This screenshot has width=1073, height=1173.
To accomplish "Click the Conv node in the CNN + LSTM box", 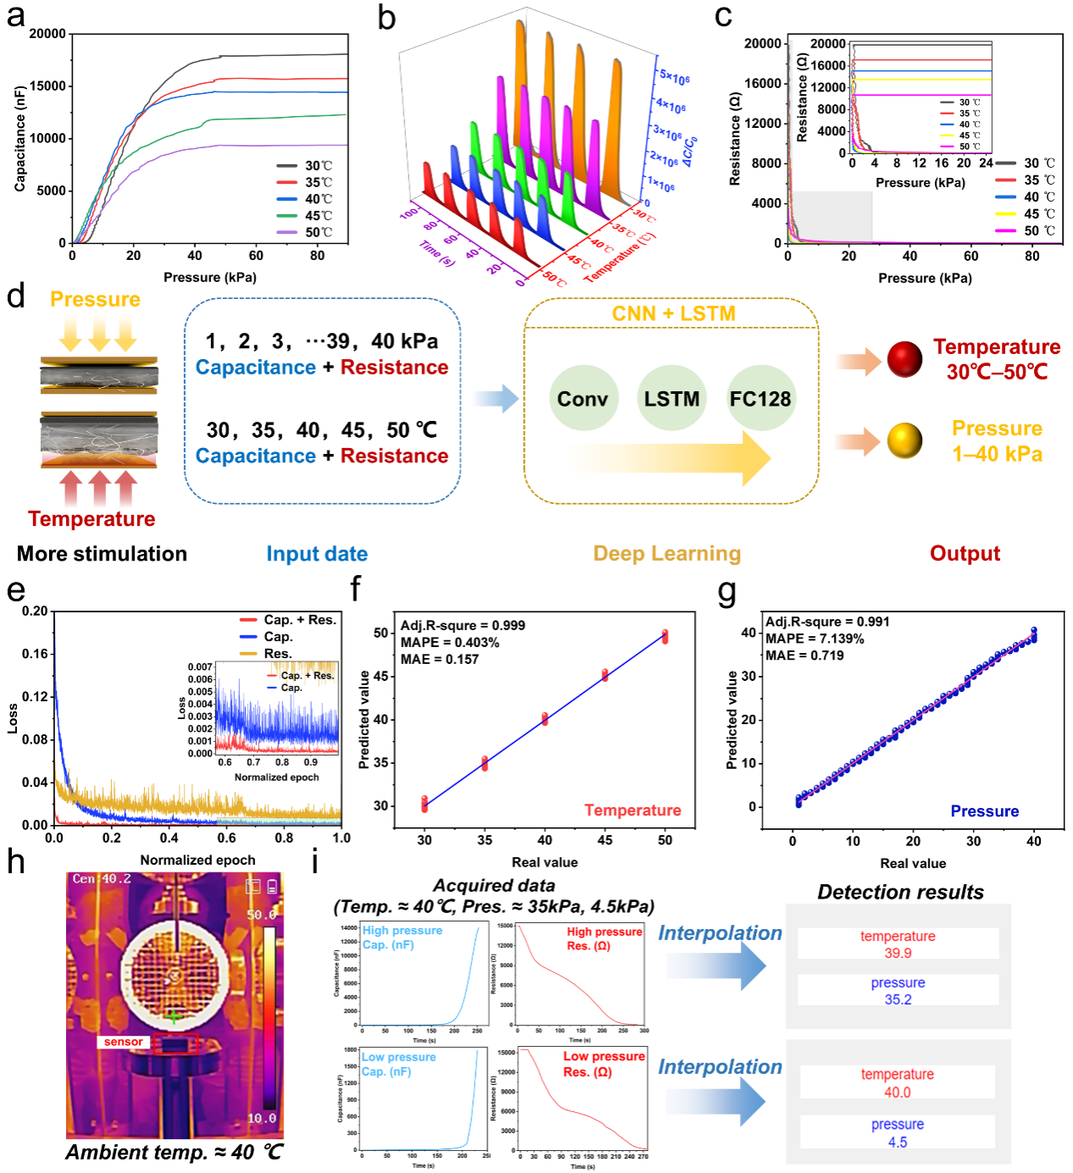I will [x=582, y=398].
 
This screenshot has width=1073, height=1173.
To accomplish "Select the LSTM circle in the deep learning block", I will [x=671, y=398].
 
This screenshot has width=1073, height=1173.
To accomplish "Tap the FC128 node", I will [x=760, y=398].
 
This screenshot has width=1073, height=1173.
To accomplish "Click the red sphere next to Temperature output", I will [x=904, y=359].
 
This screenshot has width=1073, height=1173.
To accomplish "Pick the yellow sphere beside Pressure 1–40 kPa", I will [x=904, y=440].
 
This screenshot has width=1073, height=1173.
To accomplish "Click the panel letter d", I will [x=15, y=296].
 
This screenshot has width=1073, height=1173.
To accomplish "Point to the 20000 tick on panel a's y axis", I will [x=47, y=34].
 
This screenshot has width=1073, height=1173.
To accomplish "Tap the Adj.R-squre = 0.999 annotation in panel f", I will [x=463, y=625].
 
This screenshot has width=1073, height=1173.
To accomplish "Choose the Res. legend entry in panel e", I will [x=277, y=654].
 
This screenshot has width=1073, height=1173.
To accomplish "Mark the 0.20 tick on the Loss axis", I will [x=35, y=611].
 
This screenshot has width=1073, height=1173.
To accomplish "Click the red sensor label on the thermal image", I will [x=124, y=1042].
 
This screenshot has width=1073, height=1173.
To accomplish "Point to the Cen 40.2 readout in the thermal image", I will [x=102, y=879].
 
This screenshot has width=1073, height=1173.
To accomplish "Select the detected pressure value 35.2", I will [x=898, y=999].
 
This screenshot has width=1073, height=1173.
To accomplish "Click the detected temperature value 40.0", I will [x=898, y=1093].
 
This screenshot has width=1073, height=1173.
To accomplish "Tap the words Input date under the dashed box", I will [x=317, y=554].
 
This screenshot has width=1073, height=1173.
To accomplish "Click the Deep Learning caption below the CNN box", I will [x=667, y=554].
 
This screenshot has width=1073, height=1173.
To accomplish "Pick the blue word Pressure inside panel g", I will [x=984, y=811].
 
